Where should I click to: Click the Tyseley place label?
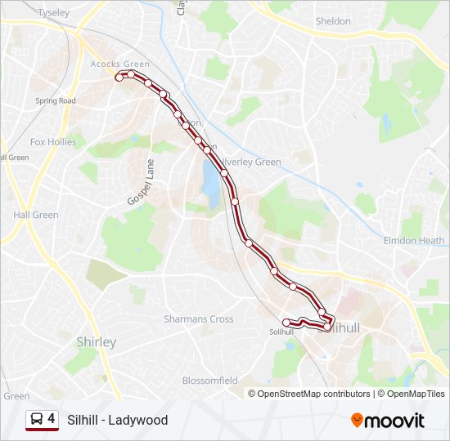click(x=55, y=13)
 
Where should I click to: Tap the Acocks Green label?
click(x=120, y=65)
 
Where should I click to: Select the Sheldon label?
click(x=333, y=21)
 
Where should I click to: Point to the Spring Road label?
click(x=56, y=101)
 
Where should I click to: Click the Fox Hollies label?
click(x=53, y=141)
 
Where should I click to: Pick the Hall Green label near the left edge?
click(x=36, y=215)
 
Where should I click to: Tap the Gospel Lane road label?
click(x=141, y=183)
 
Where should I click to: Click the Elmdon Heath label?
click(x=414, y=241)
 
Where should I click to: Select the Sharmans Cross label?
click(x=199, y=319)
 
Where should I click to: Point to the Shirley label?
click(x=96, y=342)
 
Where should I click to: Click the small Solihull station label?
click(x=281, y=332)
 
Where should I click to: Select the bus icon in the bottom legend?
click(x=37, y=420)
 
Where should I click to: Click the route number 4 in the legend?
click(x=52, y=419)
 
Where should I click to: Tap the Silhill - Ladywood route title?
click(x=118, y=421)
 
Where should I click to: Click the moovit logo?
click(x=388, y=421)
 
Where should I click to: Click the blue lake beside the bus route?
click(x=211, y=184)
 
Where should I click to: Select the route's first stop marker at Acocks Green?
click(x=119, y=78)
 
